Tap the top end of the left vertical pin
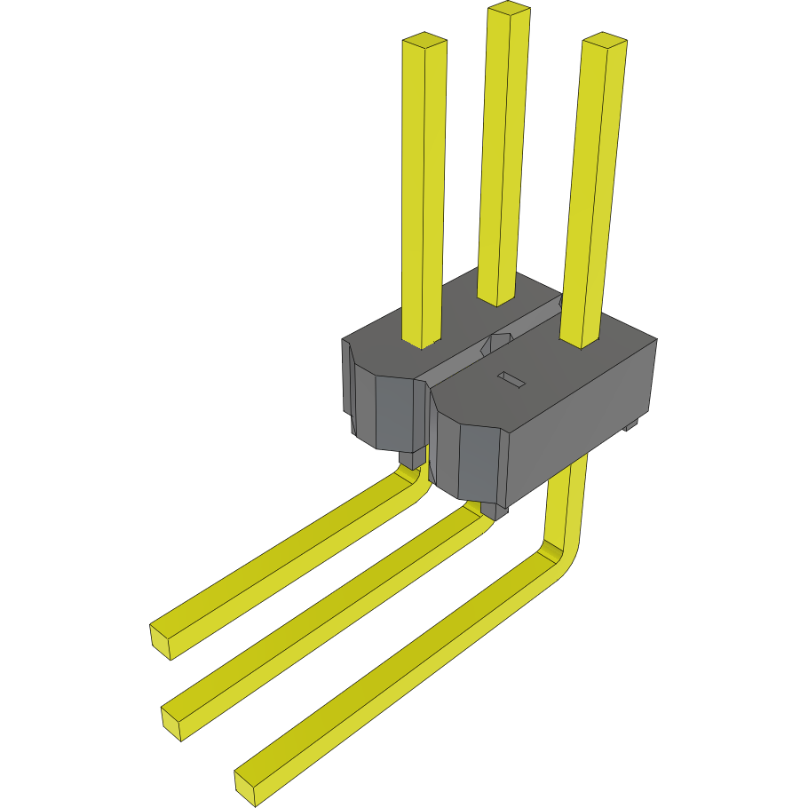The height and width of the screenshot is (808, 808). point(424,41)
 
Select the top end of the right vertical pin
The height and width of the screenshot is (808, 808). point(605,40)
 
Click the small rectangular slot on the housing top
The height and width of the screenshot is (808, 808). point(511,379)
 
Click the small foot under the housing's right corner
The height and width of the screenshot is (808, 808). point(631,425)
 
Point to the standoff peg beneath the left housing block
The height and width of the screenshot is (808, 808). point(410,458)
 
